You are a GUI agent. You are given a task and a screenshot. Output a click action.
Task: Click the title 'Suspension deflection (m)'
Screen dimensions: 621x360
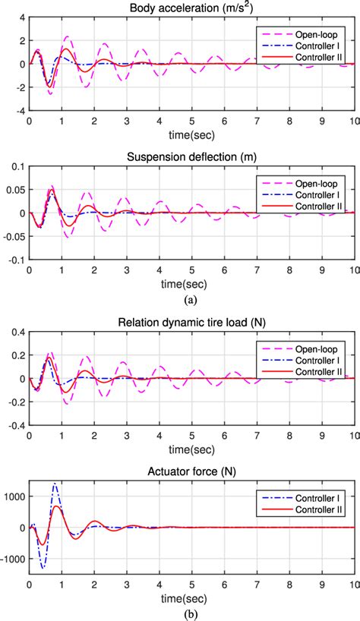tap(191, 153)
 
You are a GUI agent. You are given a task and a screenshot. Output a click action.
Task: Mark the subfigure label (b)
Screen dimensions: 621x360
tap(191, 613)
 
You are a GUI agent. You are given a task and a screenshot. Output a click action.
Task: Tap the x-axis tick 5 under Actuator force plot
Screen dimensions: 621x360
tap(192, 583)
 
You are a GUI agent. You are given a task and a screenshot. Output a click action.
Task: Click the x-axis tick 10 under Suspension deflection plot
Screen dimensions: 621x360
tap(352, 270)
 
